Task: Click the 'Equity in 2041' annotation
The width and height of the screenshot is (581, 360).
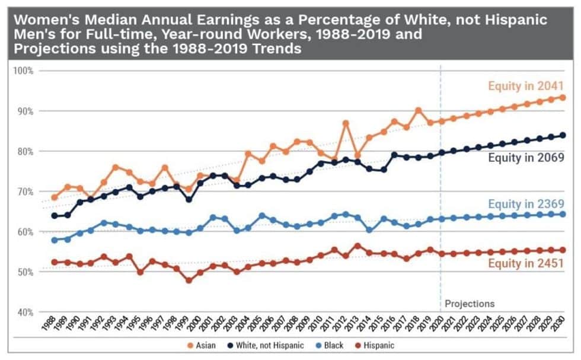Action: pos(525,87)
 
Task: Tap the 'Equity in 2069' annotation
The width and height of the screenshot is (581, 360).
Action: pos(525,157)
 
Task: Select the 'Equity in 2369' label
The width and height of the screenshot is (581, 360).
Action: pos(525,203)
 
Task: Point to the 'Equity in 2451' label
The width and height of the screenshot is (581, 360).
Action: pos(525,264)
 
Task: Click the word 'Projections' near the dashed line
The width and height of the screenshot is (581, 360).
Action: pos(470,304)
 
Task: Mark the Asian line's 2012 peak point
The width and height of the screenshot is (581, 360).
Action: pos(346,123)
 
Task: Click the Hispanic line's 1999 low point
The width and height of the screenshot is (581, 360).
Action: pos(189,281)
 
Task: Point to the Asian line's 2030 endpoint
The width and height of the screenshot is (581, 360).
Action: pos(562,97)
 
